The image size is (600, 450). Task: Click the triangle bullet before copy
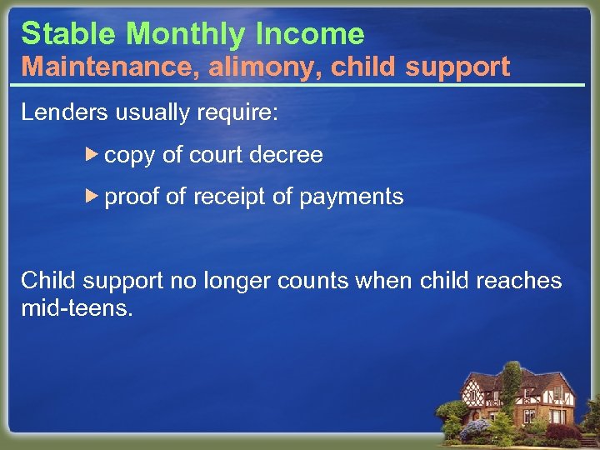pos(93,154)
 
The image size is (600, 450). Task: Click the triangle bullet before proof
pos(93,197)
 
